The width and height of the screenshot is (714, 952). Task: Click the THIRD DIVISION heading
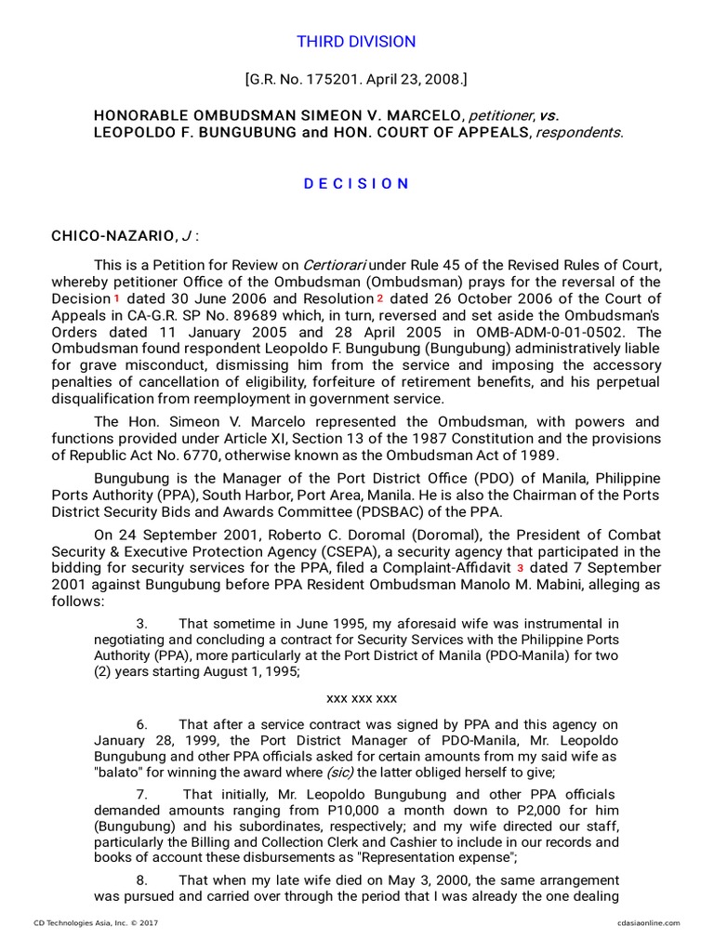[356, 42]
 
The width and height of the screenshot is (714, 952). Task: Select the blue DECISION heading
[356, 184]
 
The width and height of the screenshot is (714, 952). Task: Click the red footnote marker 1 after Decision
[117, 299]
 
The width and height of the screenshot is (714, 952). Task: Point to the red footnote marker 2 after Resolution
[380, 299]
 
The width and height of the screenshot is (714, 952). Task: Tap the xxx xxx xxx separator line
[362, 698]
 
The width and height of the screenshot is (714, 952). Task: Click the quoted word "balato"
[121, 772]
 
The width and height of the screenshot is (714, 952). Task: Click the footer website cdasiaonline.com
[648, 923]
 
